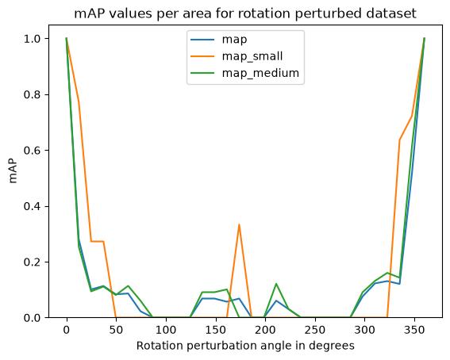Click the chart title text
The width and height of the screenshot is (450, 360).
pos(245,13)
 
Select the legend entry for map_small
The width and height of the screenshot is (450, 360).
pos(237,56)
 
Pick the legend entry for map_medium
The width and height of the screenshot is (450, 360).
pos(244,73)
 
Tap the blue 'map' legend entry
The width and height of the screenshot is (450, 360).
pos(219,40)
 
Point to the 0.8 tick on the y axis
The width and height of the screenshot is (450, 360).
pos(33,94)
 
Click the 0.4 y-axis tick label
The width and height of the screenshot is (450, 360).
pos(33,206)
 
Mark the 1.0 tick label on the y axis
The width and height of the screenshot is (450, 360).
pos(33,38)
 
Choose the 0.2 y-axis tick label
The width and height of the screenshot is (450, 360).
pos(33,262)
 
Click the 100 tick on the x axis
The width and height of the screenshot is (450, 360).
pos(166,330)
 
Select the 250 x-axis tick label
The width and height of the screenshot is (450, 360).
pos(315,330)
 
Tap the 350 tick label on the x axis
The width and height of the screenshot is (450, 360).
pos(414,330)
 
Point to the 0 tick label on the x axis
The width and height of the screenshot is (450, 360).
pos(67,330)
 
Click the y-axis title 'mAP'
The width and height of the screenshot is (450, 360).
pos(13,171)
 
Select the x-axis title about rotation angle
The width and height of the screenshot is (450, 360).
pos(245,346)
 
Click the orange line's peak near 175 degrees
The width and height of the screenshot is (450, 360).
pos(239,224)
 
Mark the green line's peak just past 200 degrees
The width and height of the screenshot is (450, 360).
pos(276,283)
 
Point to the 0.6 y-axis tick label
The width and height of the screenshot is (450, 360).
pos(33,150)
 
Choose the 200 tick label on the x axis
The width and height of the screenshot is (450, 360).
pos(265,330)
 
